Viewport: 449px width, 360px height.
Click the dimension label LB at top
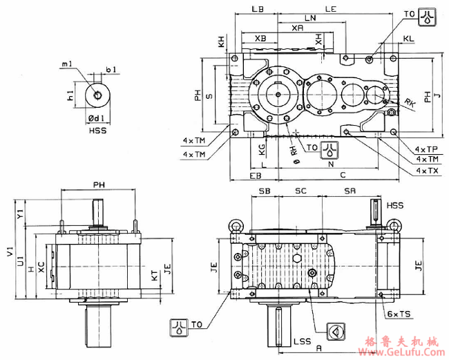(x=258, y=9)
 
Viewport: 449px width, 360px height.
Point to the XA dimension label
(x=297, y=28)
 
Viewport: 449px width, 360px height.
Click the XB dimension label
(x=260, y=37)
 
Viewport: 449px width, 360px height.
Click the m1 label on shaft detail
(x=66, y=64)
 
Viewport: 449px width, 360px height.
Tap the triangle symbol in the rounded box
(x=335, y=332)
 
